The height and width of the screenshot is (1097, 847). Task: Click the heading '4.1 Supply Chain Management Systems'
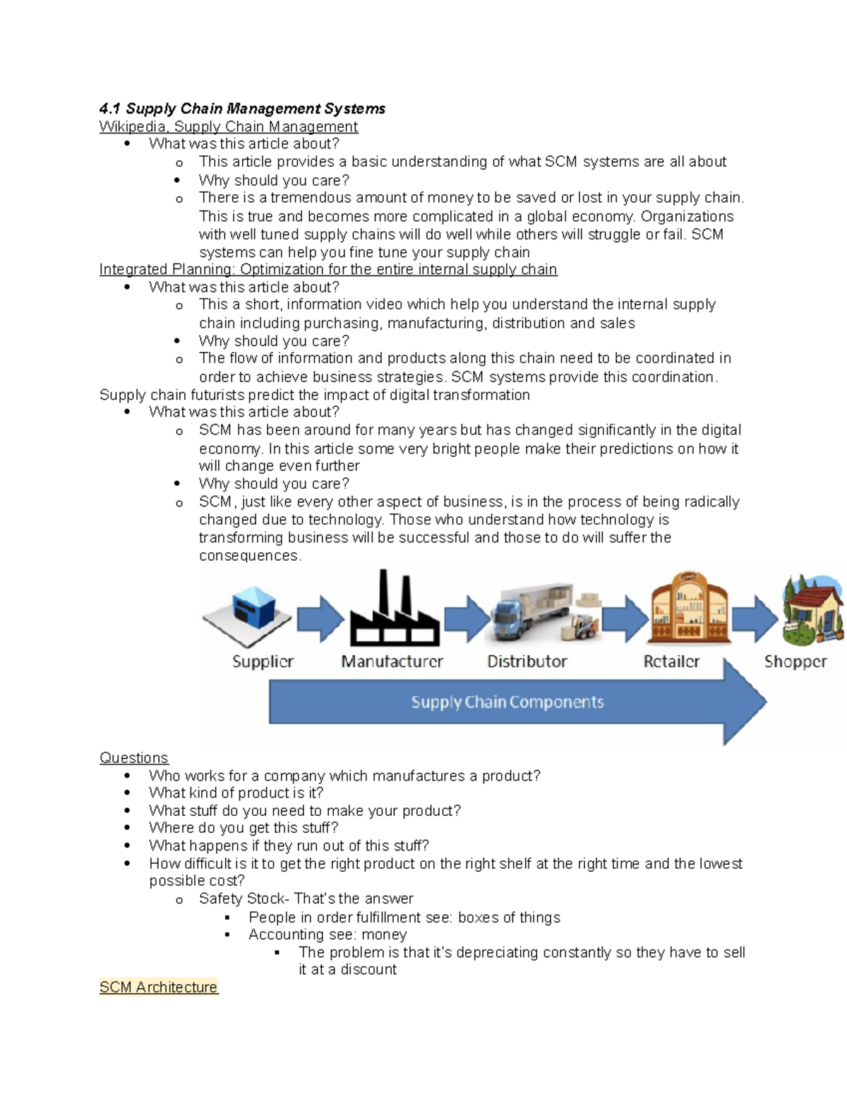coord(242,109)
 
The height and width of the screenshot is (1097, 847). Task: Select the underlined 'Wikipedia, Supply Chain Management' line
coord(228,126)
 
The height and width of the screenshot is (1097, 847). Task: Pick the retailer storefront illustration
coord(688,607)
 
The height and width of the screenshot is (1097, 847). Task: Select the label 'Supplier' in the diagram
coord(263,662)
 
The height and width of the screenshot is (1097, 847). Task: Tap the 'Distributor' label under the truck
coord(527,662)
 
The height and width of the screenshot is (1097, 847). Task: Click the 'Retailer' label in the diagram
coord(671,662)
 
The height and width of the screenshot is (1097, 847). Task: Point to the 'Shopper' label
coord(795,662)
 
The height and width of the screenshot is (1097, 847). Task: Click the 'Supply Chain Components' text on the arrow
coord(507,702)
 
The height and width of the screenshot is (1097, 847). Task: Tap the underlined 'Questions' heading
coord(133,758)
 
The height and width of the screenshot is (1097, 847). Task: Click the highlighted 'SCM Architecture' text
coord(158,988)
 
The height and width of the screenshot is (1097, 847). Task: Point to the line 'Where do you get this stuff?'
coord(244,828)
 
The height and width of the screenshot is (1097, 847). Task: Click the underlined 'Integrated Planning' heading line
coord(328,269)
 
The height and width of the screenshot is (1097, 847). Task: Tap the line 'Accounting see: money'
coord(328,935)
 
